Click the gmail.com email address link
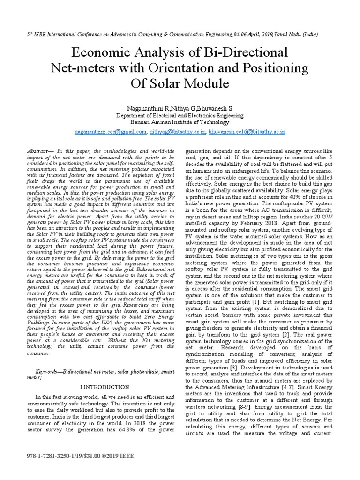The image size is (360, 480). coord(111,132)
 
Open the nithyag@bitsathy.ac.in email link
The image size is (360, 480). coord(177,132)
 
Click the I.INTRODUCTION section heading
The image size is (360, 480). coord(104,387)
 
